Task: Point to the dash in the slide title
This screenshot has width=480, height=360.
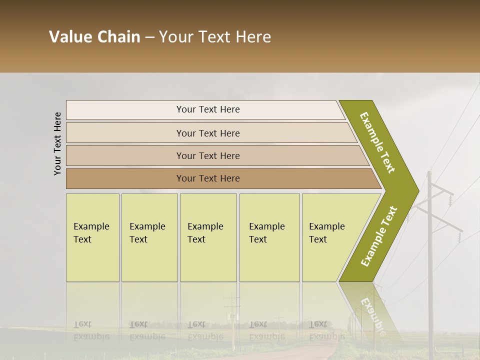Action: (x=149, y=37)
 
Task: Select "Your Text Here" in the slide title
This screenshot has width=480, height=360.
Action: (x=215, y=37)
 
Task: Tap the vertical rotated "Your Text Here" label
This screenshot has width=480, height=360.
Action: (x=57, y=144)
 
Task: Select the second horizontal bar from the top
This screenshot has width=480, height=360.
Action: (x=208, y=133)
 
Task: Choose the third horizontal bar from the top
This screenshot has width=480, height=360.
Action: (x=208, y=155)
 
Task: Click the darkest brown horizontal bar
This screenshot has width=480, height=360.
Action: (x=208, y=178)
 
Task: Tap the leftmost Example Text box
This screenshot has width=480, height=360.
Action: (x=92, y=237)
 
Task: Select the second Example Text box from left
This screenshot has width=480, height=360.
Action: (x=149, y=237)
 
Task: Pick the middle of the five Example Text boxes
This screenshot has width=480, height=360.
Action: (x=208, y=237)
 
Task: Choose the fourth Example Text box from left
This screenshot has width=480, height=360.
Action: (x=269, y=237)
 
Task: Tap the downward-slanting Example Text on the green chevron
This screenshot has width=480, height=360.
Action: (x=377, y=142)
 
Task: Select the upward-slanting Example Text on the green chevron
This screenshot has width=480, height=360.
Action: (x=379, y=236)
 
